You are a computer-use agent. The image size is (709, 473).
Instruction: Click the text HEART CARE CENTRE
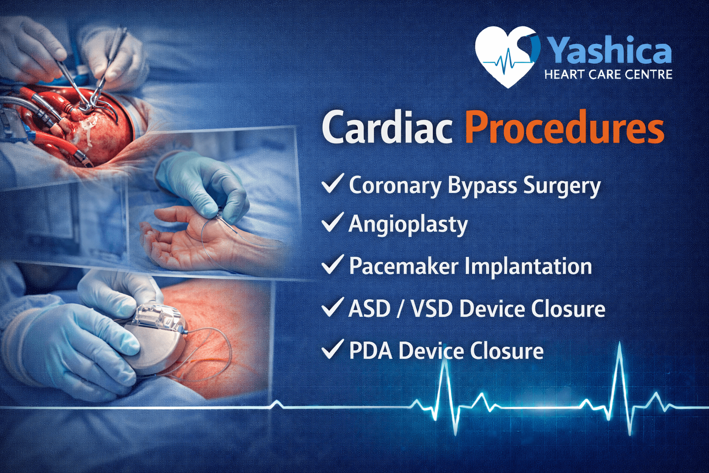608,75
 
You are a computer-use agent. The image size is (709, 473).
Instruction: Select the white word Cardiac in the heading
387,127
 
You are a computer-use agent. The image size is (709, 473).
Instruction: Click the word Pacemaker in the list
404,266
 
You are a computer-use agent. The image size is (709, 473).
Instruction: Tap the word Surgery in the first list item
562,186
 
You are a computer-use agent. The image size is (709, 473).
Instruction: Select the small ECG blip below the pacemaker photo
276,404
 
